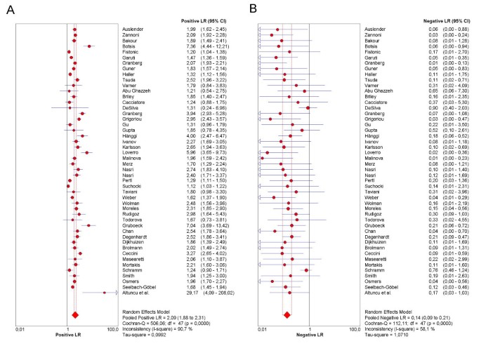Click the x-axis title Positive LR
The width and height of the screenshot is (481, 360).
click(68, 336)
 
